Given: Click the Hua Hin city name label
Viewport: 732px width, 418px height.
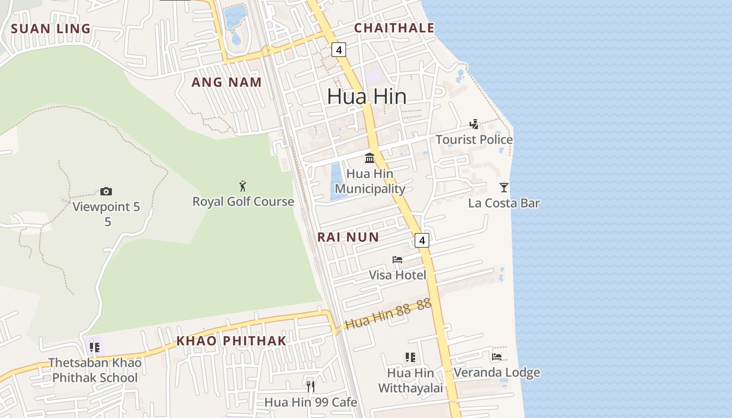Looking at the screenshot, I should pyautogui.click(x=367, y=96).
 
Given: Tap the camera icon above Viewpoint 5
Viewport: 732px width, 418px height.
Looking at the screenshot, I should pyautogui.click(x=106, y=191).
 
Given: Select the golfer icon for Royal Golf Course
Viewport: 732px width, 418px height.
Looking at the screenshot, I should pyautogui.click(x=243, y=185).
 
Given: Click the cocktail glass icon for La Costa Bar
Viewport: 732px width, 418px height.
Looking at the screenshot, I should pyautogui.click(x=504, y=187).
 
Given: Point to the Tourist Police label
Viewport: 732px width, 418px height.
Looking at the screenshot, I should pyautogui.click(x=474, y=140).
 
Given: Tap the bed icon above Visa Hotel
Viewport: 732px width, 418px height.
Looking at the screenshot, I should pyautogui.click(x=397, y=259).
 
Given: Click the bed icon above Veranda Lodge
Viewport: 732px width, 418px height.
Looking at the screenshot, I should pyautogui.click(x=497, y=357).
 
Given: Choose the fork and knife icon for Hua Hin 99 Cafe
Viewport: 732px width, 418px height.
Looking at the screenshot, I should pyautogui.click(x=311, y=386).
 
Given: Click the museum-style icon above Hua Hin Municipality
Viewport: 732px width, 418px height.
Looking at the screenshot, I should pyautogui.click(x=370, y=157).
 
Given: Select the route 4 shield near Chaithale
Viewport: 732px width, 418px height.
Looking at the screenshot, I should pyautogui.click(x=339, y=50).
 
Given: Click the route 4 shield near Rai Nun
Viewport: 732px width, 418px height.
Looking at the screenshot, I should pyautogui.click(x=421, y=240).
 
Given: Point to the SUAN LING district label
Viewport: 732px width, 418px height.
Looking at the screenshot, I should pyautogui.click(x=51, y=29).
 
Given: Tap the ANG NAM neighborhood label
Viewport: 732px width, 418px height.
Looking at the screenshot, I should pyautogui.click(x=226, y=82).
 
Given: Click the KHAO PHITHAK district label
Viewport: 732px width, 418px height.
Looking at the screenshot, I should pyautogui.click(x=231, y=341).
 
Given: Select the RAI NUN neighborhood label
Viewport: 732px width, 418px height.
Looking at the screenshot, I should pyautogui.click(x=348, y=237).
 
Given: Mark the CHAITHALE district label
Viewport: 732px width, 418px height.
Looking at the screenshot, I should pyautogui.click(x=394, y=28).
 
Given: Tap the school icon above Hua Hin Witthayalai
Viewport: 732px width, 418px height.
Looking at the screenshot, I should pyautogui.click(x=410, y=357).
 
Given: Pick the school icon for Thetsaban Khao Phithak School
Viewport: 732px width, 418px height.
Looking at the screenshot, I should pyautogui.click(x=95, y=347).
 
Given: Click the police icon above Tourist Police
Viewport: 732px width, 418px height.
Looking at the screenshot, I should pyautogui.click(x=474, y=124).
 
